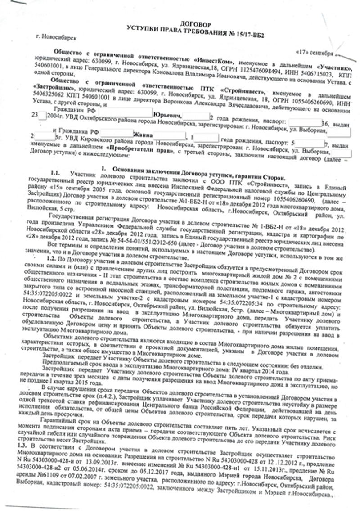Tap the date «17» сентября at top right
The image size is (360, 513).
pyautogui.click(x=315, y=54)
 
